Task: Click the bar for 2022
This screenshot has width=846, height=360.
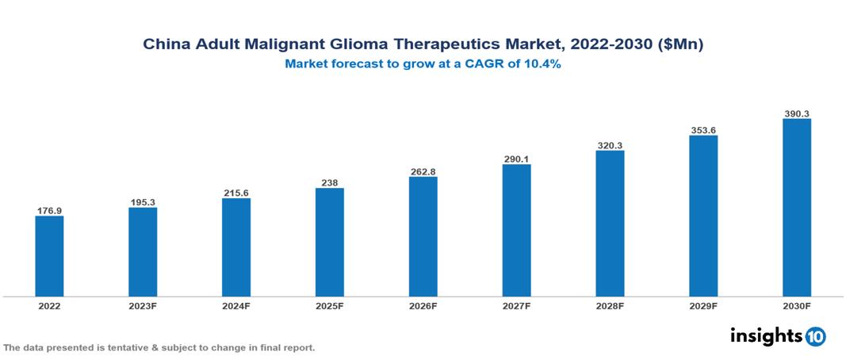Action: [x=49, y=256]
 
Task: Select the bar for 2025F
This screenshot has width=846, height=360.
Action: [x=329, y=242]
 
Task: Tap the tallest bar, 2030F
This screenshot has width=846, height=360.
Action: [x=796, y=208]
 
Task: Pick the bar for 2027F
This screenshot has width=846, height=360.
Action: [x=516, y=230]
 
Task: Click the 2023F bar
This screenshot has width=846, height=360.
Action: [x=143, y=252]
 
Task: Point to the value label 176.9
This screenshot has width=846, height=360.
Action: [x=49, y=211]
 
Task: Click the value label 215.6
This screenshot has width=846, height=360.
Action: [x=236, y=193]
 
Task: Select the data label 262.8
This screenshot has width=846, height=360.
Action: [x=423, y=171]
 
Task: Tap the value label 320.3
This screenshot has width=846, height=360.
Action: [x=610, y=145]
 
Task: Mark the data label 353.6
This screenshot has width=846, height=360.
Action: [x=703, y=130]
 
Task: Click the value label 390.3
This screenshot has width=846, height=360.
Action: [x=796, y=113]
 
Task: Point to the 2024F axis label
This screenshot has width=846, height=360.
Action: [x=236, y=305]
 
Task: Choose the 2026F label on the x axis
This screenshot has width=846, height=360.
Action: [x=423, y=305]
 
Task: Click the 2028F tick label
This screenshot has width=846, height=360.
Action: [x=610, y=305]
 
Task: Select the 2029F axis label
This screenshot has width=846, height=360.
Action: [x=703, y=305]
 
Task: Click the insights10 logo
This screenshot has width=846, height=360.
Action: [x=778, y=335]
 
